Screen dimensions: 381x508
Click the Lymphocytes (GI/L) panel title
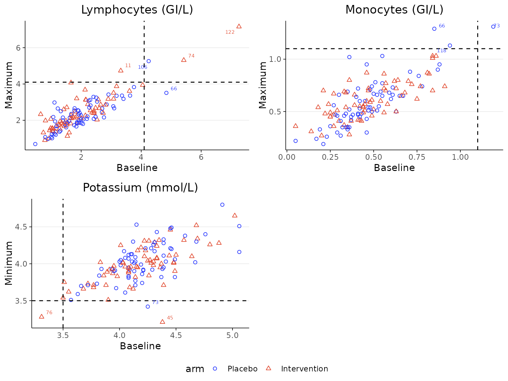tap(137, 10)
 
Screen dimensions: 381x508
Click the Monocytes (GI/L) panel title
tap(394, 10)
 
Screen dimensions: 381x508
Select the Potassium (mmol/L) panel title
tap(140, 188)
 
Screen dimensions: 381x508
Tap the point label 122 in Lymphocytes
tap(230, 32)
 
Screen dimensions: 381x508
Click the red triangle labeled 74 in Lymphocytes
tap(184, 60)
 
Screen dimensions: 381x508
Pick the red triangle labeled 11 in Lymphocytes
tap(121, 70)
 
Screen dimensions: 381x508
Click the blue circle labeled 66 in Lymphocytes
tap(166, 93)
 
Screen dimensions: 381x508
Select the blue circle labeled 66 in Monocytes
tap(434, 29)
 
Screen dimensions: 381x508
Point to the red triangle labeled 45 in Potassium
tap(162, 321)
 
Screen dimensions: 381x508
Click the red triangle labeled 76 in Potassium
tap(42, 317)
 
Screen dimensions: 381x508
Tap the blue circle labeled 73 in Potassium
tap(148, 307)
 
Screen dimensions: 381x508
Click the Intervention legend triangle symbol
tap(269, 368)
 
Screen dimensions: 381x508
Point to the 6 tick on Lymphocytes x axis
tap(201, 157)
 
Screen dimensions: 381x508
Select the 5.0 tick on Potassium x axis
tap(233, 335)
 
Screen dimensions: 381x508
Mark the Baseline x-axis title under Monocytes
tap(394, 168)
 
